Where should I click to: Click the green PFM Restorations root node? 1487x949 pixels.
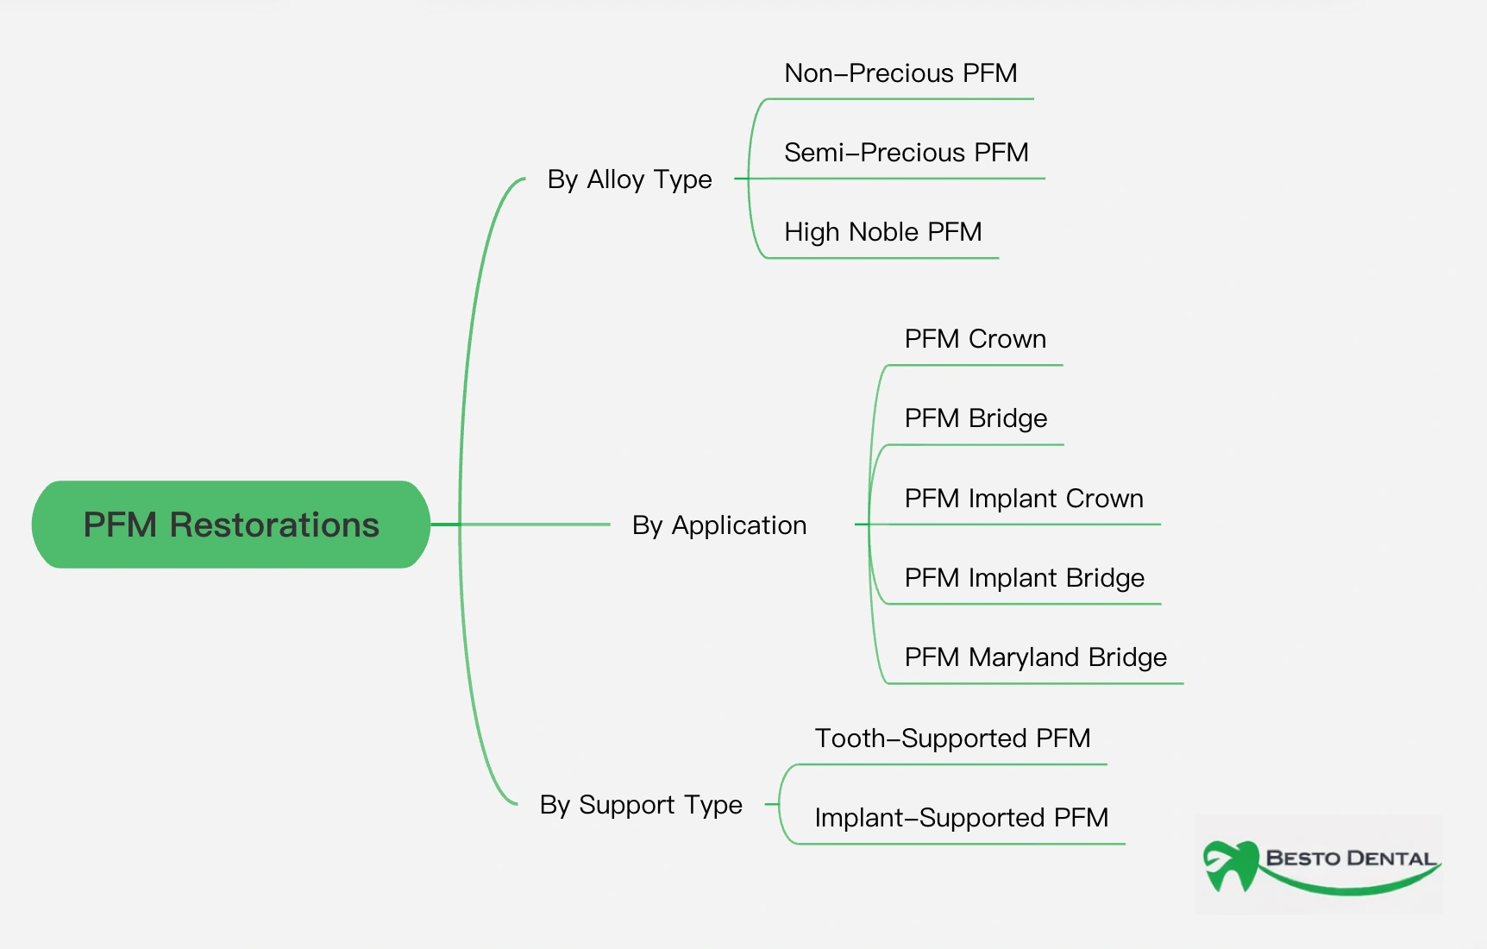[x=231, y=525]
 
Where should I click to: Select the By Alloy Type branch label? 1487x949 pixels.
[x=630, y=179]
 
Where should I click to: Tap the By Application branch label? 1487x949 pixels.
[x=719, y=525]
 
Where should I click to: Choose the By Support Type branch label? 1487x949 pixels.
[x=641, y=805]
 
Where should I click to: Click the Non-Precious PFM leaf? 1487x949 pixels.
[x=900, y=73]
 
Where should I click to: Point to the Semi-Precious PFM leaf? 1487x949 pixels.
[x=907, y=153]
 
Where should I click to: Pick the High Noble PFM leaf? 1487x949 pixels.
[x=883, y=232]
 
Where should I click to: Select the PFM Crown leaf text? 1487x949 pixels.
[x=976, y=339]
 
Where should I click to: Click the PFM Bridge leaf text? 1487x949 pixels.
[x=976, y=418]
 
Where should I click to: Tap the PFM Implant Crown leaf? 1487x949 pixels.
[x=1024, y=499]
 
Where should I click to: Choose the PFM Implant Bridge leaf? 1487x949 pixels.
[x=1025, y=578]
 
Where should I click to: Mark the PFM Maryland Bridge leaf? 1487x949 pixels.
[x=1036, y=657]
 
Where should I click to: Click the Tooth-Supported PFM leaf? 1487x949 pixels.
[x=953, y=738]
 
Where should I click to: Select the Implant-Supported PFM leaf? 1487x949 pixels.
[x=962, y=818]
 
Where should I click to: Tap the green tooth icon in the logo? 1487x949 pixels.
[x=1232, y=865]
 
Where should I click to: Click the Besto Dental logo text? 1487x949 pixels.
[x=1351, y=858]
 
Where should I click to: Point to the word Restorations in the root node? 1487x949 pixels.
[x=274, y=525]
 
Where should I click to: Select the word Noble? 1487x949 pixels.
[x=884, y=232]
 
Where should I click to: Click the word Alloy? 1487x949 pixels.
[x=615, y=179]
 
